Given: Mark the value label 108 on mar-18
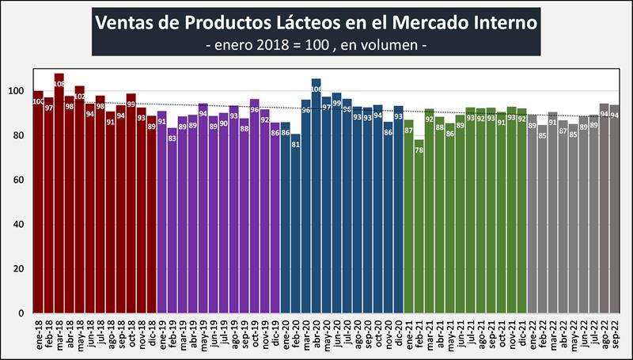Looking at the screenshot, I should click(59, 81).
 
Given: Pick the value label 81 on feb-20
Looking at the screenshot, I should click(295, 142).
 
